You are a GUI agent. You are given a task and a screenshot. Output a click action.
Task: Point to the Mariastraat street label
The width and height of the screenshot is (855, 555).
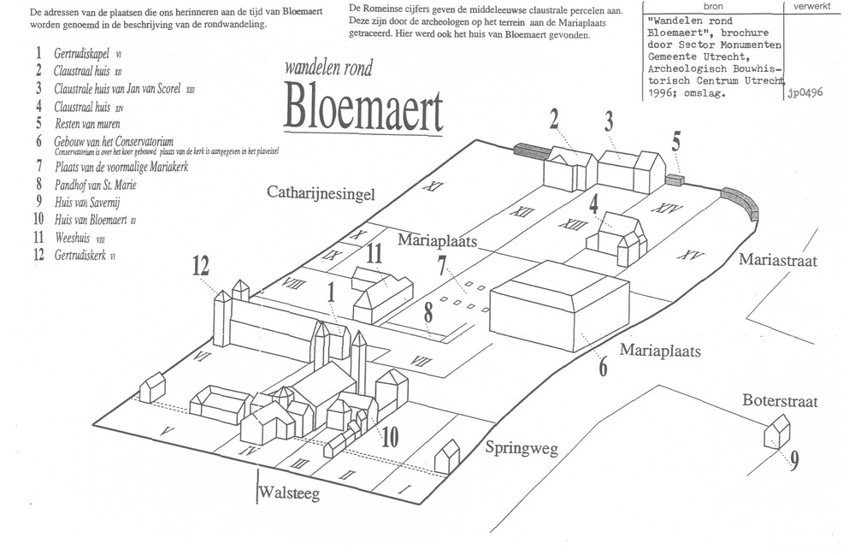coord(779,260)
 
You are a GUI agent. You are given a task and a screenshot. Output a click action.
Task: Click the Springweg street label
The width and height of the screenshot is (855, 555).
coord(522,447)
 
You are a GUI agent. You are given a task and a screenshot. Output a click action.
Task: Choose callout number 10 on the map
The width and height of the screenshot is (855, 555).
coord(390,437)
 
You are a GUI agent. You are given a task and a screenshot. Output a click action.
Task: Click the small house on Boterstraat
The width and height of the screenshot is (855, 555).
coord(776,431)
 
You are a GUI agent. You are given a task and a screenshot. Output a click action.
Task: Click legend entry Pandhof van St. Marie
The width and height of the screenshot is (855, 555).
coord(96,184)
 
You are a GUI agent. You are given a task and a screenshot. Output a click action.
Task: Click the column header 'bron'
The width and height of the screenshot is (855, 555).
coord(712,6)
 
